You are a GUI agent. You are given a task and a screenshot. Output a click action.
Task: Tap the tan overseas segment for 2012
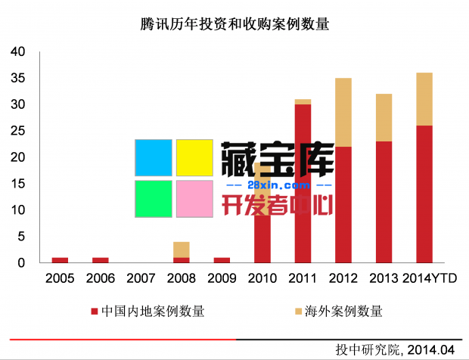click(343, 112)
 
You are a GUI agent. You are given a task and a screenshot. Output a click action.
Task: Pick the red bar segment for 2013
click(384, 202)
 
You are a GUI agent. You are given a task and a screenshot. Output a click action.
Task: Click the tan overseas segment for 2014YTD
click(424, 99)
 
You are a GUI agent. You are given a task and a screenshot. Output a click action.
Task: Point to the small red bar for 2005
click(60, 260)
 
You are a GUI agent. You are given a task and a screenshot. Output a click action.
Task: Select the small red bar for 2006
click(101, 260)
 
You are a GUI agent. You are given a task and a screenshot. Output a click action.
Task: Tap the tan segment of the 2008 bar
click(181, 250)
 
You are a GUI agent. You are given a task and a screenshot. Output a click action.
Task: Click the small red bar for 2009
click(222, 260)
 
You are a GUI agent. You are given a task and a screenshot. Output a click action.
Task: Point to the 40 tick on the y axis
click(17, 51)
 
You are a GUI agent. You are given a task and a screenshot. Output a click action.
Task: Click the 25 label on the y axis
click(17, 131)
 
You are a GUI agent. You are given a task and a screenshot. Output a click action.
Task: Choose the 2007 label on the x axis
click(141, 279)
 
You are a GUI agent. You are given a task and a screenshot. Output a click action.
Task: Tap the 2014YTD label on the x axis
click(430, 279)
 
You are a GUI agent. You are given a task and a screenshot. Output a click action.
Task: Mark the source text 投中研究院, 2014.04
click(395, 349)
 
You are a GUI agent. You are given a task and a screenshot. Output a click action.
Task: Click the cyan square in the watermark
click(154, 158)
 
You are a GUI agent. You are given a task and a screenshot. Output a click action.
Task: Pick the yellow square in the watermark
click(194, 158)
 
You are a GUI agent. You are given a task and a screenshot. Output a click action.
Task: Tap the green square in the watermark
click(154, 199)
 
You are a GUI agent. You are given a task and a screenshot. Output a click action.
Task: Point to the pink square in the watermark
click(194, 199)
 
